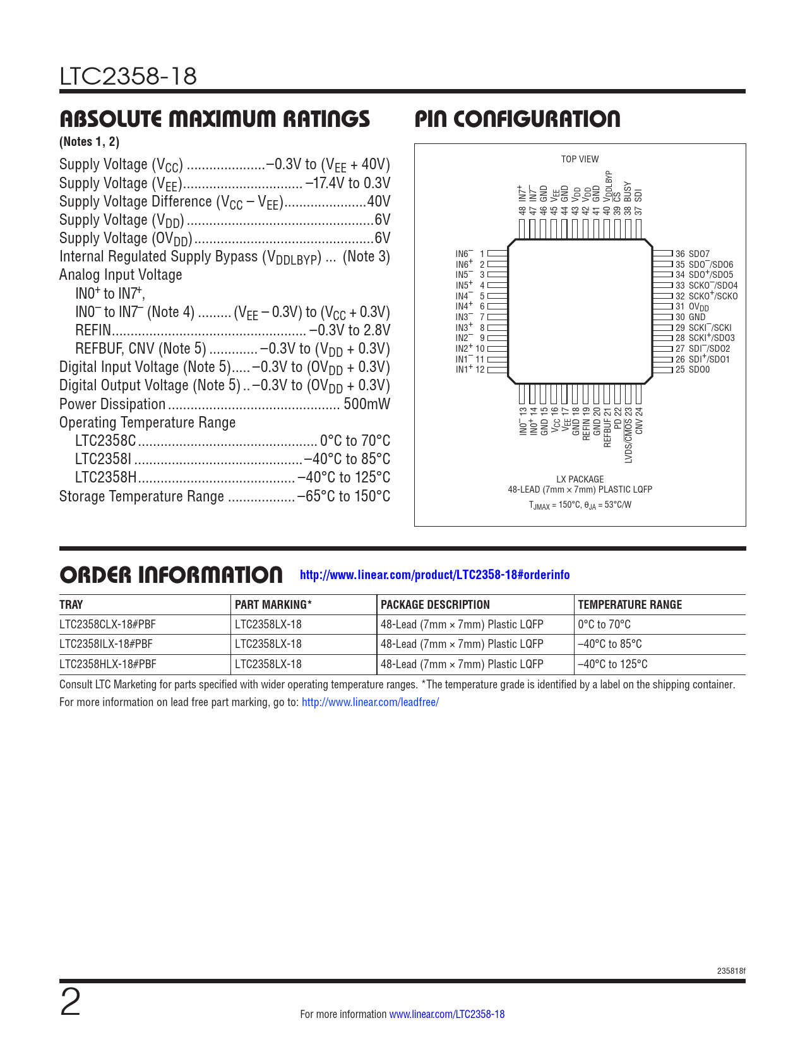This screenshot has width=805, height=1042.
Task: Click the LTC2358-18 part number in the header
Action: tap(128, 76)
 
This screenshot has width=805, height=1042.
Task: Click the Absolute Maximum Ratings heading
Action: tap(215, 119)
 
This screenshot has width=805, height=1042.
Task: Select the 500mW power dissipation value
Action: tap(367, 404)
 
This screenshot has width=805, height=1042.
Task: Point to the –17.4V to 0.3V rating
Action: tap(348, 183)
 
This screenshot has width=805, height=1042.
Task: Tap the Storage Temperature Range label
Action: tap(141, 496)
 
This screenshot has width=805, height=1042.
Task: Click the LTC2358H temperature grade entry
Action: tap(105, 477)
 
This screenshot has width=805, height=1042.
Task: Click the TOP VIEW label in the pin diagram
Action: tap(580, 159)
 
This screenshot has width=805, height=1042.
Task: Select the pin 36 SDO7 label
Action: tap(693, 254)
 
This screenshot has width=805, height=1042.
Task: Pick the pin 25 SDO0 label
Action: tap(693, 369)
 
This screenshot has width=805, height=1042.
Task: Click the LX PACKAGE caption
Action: tap(580, 479)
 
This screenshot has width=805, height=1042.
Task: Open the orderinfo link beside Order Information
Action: tap(434, 575)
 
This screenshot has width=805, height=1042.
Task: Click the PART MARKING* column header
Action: tap(273, 604)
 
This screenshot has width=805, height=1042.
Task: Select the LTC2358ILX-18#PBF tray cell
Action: tap(107, 644)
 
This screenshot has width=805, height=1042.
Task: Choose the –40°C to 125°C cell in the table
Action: tap(612, 664)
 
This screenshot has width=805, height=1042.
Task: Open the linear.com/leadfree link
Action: tap(370, 702)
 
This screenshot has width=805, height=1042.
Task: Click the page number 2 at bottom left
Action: tap(70, 1003)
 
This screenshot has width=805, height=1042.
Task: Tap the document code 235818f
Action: tap(731, 971)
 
